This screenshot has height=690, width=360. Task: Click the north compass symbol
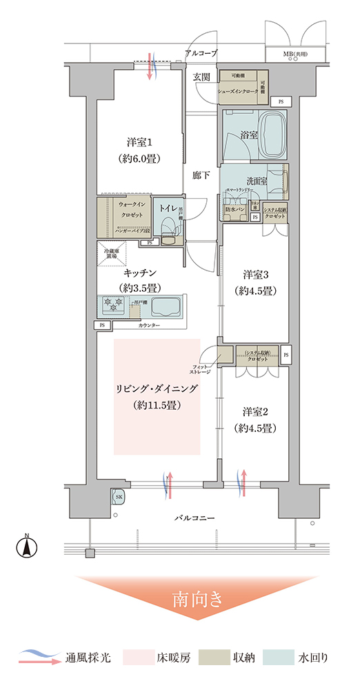(26, 546)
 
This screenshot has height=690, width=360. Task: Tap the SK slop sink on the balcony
(118, 496)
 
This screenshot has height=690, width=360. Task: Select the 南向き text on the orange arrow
(197, 598)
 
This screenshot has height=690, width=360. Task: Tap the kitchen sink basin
(166, 306)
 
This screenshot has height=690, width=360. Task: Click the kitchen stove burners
(114, 304)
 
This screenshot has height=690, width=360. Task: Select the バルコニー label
(194, 517)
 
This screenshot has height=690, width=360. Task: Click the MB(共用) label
(296, 54)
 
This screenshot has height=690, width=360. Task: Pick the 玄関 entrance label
(201, 76)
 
